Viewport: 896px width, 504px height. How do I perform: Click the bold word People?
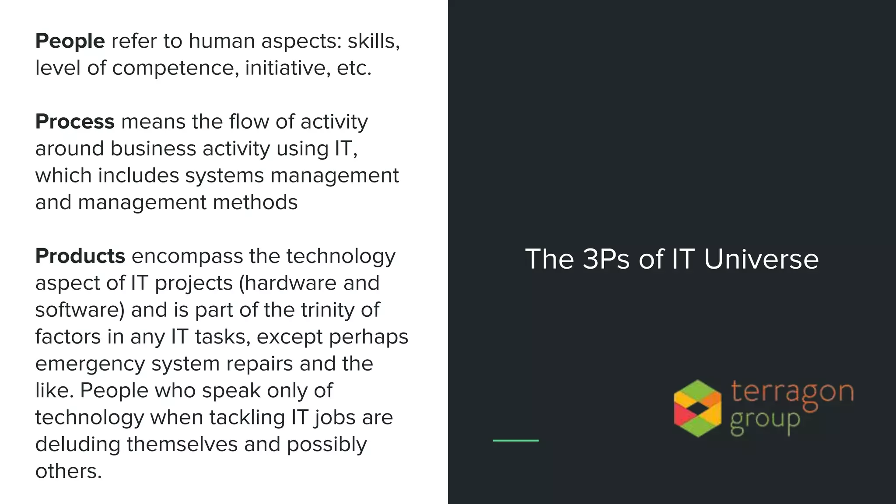(x=70, y=42)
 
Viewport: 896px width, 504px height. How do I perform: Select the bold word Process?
(x=75, y=122)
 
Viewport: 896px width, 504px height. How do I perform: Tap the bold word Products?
(x=80, y=256)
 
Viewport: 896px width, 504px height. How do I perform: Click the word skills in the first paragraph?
(x=373, y=42)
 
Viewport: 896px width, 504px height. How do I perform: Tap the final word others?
(x=68, y=472)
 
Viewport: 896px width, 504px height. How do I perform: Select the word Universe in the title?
(x=761, y=259)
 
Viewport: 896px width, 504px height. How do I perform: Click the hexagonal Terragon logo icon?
(x=697, y=408)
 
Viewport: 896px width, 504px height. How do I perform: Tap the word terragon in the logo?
(x=792, y=392)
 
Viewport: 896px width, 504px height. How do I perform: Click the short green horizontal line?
(x=515, y=441)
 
